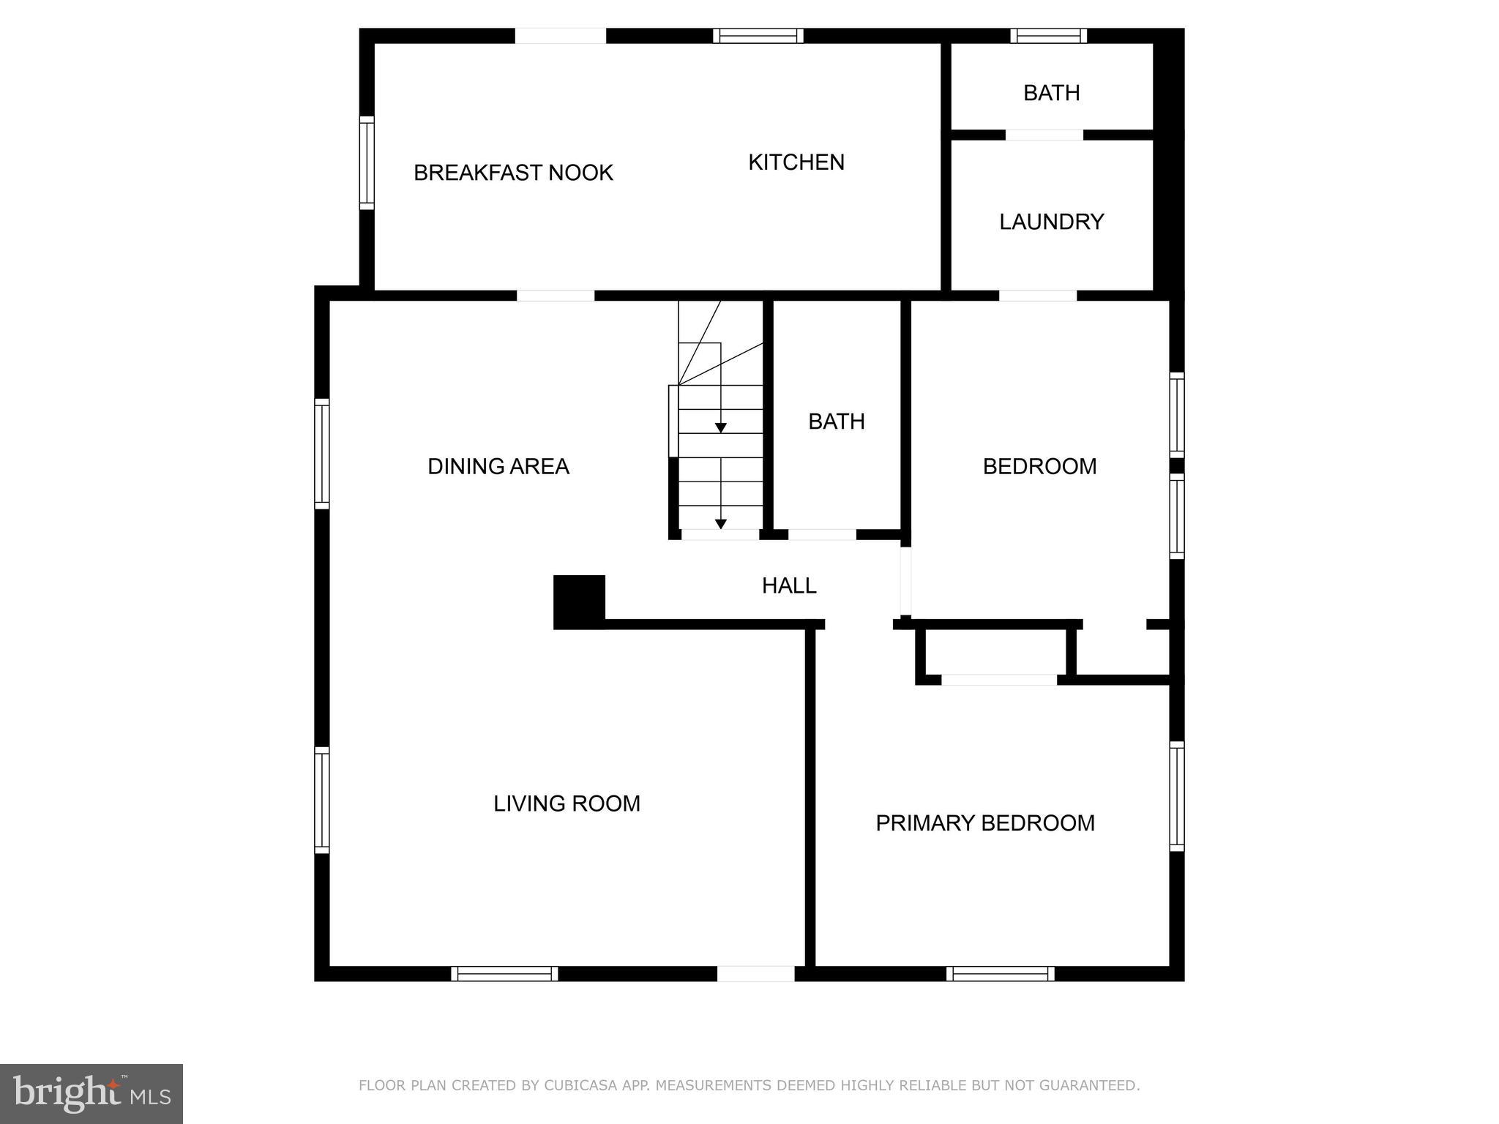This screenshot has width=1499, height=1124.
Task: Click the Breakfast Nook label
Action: (513, 173)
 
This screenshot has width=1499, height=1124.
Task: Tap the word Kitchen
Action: (796, 162)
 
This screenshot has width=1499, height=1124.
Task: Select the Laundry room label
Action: (1051, 222)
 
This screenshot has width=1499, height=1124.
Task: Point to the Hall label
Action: (788, 585)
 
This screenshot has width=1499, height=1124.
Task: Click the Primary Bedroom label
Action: (984, 823)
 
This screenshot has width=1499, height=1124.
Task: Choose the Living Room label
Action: (567, 803)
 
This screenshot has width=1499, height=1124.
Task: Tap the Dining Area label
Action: (498, 466)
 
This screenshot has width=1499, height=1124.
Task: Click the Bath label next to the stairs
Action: (836, 421)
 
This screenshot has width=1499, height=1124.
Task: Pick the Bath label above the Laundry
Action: (1051, 93)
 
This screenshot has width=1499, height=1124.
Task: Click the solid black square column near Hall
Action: (579, 602)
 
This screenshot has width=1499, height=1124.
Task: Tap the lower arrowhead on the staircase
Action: (721, 524)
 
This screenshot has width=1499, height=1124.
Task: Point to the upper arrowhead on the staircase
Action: (721, 428)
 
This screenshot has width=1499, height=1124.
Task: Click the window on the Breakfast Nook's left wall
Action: (367, 162)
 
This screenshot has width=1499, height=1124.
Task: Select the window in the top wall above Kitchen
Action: (758, 36)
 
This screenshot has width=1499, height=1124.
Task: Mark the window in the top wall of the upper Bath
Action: (1048, 36)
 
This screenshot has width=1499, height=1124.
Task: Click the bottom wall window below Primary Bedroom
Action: (1000, 973)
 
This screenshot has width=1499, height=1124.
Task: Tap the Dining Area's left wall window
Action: (322, 453)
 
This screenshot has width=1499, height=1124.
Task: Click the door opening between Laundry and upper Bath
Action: (1044, 135)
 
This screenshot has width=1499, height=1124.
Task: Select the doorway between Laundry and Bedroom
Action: (1037, 296)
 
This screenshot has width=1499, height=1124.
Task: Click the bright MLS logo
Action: (91, 1093)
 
